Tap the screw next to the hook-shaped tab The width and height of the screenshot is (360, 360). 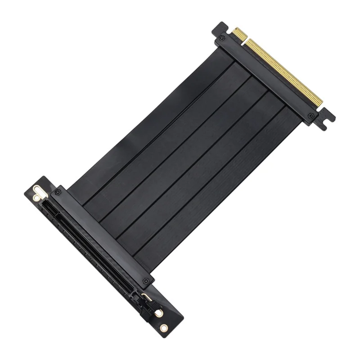[x=311, y=116]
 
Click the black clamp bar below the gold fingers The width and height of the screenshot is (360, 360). [x=265, y=76]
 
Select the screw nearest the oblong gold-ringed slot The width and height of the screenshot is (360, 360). [x=57, y=192]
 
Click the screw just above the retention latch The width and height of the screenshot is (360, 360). [x=145, y=281]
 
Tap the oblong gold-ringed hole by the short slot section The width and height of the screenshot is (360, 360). [x=38, y=191]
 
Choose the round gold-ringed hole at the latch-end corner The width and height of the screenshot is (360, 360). [x=164, y=328]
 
